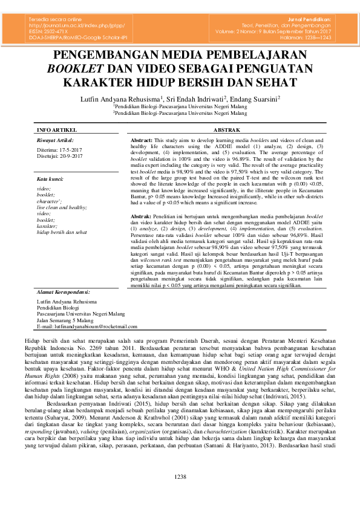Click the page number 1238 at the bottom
point(180,494)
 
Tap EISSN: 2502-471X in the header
point(50,31)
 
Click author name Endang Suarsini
point(253,98)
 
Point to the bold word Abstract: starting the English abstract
point(142,140)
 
